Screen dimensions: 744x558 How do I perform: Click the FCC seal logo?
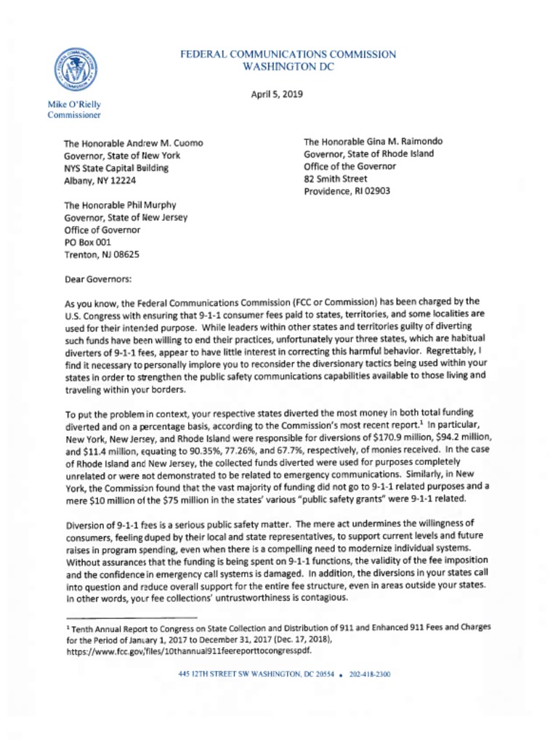click(75, 70)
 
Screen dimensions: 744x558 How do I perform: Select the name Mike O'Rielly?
click(75, 104)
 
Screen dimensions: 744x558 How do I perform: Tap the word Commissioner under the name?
click(74, 115)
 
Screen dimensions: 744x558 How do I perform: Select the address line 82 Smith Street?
click(336, 179)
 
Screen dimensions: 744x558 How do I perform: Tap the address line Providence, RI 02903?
click(347, 191)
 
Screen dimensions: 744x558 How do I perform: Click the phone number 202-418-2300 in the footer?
click(370, 674)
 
